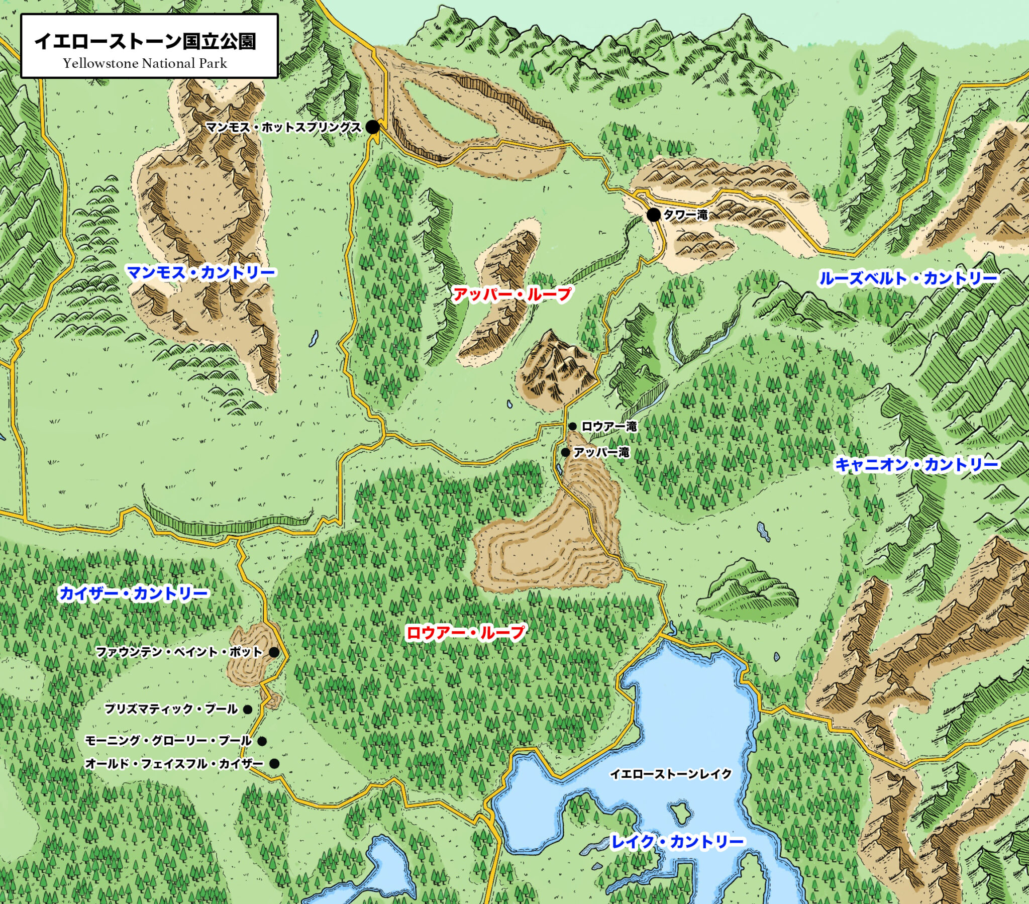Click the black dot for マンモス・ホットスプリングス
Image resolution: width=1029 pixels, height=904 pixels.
(x=372, y=128)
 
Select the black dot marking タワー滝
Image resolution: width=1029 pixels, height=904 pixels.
(x=654, y=215)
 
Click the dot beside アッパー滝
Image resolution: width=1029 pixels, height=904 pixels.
(x=565, y=452)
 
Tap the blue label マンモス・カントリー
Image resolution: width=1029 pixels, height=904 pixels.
(x=201, y=273)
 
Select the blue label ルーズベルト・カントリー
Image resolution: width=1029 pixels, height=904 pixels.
(x=908, y=278)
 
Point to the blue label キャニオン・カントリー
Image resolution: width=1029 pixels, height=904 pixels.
(x=917, y=464)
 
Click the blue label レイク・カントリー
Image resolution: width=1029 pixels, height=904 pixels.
(x=677, y=842)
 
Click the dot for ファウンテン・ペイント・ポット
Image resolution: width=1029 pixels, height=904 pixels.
(x=274, y=652)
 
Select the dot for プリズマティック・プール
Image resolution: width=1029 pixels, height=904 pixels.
(x=247, y=710)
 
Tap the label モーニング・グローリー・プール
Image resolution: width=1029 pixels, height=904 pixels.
(x=168, y=741)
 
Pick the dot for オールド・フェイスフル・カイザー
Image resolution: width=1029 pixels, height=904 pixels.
(x=274, y=763)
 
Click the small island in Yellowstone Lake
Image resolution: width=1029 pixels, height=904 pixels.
(x=681, y=811)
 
